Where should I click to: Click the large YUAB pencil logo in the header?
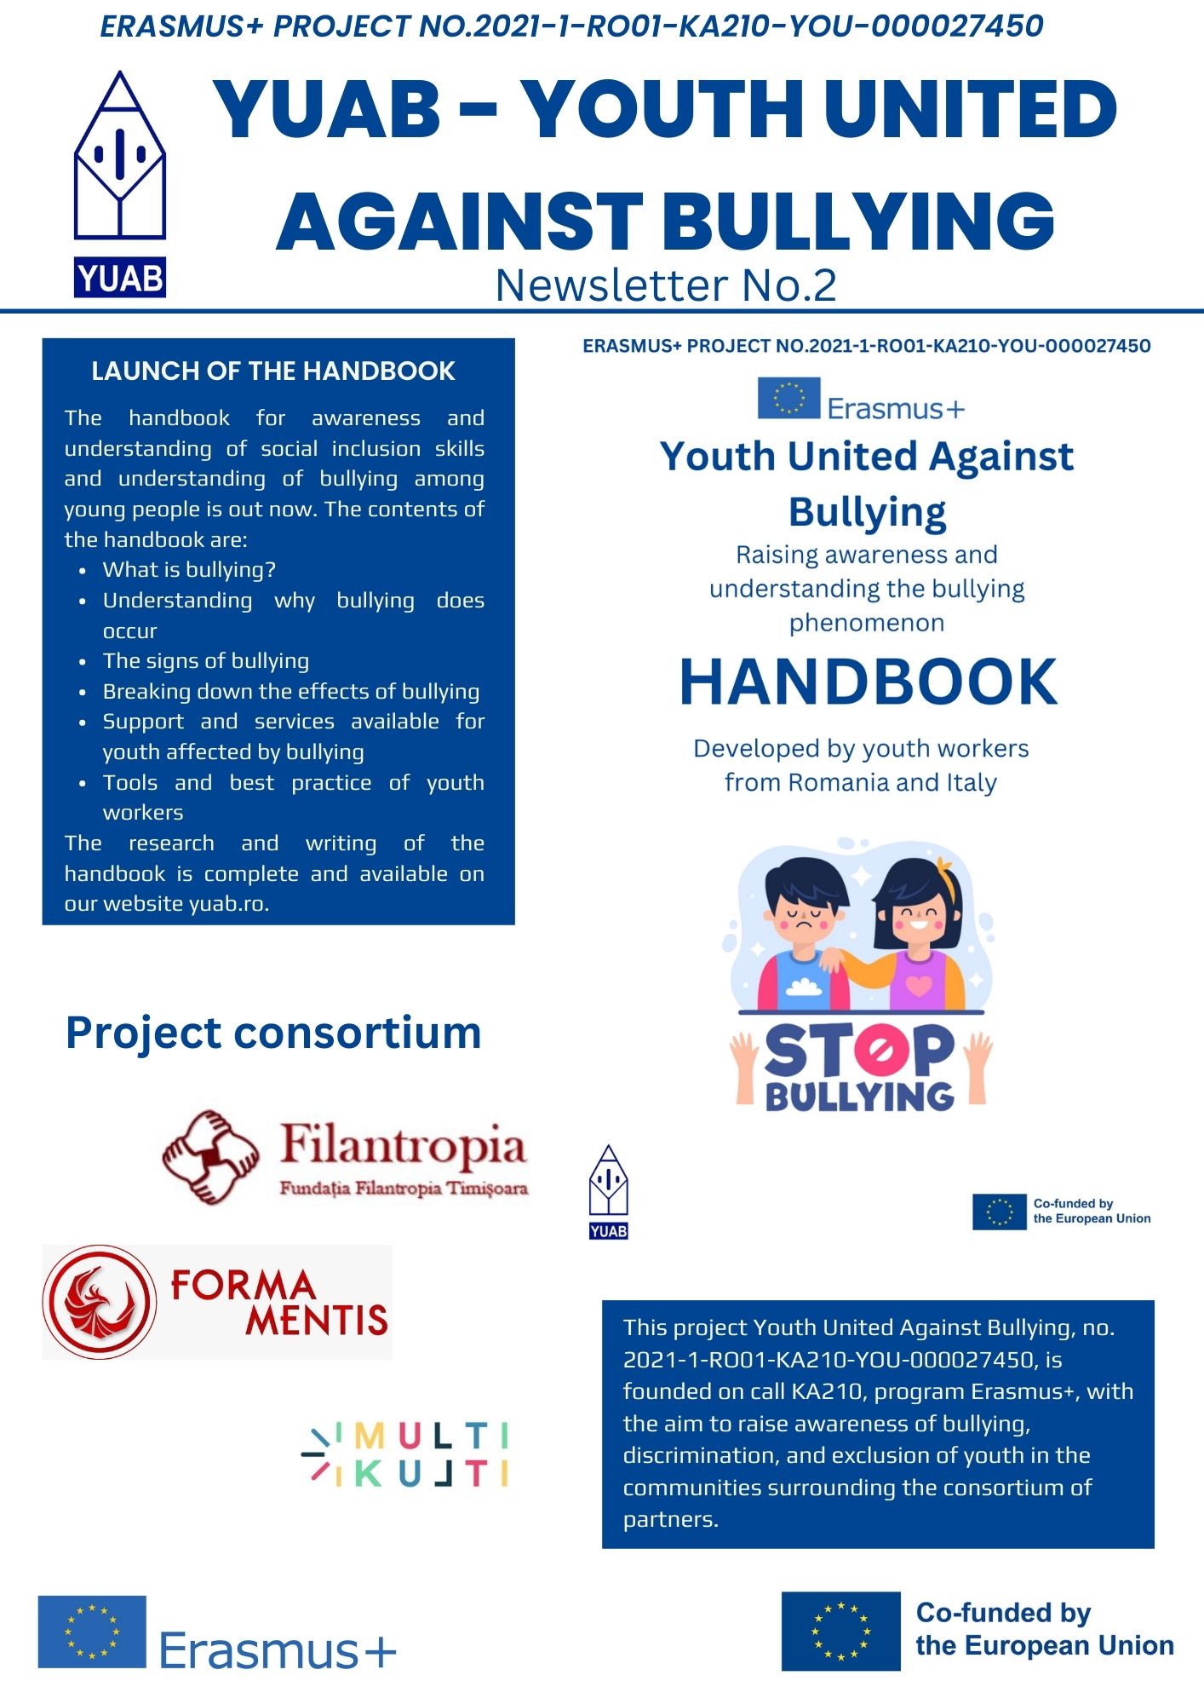tap(120, 158)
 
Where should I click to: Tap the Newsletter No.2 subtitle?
tap(666, 285)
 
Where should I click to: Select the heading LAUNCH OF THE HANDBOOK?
tap(273, 371)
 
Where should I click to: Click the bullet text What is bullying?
tap(189, 569)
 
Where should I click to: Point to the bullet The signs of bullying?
tap(206, 660)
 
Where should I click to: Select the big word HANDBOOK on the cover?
tap(868, 682)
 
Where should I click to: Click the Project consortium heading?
tap(273, 1033)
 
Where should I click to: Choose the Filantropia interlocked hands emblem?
tap(210, 1156)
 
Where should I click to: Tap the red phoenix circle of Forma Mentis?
tap(100, 1301)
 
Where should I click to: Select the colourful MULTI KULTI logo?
tap(406, 1454)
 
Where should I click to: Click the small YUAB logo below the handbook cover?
tap(608, 1192)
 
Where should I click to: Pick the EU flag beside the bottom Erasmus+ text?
tap(92, 1632)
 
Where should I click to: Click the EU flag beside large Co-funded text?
tap(840, 1632)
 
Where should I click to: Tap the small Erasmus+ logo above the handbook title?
tap(861, 400)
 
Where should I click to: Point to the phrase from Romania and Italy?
tap(860, 782)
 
